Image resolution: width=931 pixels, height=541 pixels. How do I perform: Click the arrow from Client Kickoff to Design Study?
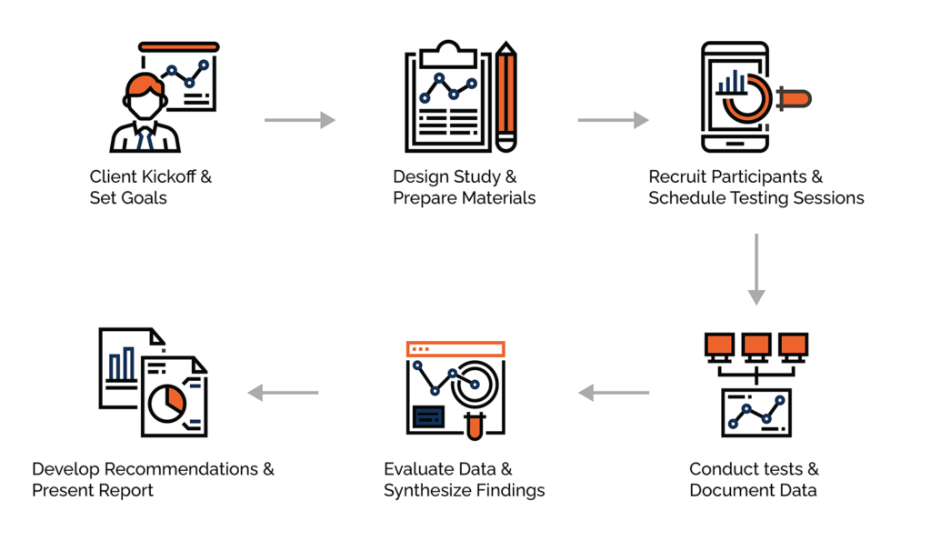point(299,120)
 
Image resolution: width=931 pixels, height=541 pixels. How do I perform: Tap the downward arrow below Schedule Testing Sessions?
point(756,268)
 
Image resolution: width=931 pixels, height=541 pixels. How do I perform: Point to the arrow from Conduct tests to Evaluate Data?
point(614,393)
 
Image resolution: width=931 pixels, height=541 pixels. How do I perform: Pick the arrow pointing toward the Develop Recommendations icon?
point(283,393)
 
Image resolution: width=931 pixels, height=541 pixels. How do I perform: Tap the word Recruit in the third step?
point(678,176)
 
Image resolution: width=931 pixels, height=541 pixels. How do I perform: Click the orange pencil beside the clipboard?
point(506,95)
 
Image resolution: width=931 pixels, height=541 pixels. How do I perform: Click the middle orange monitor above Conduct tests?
point(756,345)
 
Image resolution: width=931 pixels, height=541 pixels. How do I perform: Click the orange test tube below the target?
point(472,422)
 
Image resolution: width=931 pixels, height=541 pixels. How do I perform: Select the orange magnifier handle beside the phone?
point(791,97)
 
